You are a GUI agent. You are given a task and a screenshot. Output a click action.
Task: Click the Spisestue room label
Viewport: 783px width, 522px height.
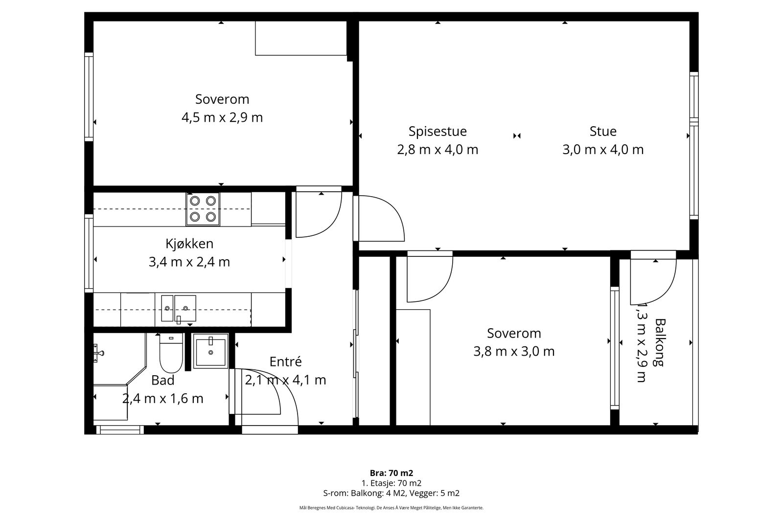438,132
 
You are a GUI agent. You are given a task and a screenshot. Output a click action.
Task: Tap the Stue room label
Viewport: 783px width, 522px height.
603,132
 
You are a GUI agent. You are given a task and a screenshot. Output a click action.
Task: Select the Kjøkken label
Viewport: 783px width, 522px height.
189,244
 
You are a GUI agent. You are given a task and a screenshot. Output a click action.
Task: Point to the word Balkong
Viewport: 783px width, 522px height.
660,342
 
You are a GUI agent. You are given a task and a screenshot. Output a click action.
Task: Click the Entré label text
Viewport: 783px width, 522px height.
286,362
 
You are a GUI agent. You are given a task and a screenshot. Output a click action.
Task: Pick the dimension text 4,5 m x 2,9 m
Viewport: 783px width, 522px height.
222,117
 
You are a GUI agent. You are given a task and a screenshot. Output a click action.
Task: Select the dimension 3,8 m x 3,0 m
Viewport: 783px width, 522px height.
514,351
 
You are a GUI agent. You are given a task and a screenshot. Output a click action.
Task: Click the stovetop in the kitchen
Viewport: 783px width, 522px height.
203,209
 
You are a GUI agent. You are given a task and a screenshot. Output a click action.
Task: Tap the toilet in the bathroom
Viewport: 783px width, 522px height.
171,353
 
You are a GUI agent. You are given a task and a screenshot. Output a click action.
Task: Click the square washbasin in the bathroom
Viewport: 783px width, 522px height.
211,351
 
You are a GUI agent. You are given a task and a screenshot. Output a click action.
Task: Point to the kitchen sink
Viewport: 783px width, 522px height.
178,309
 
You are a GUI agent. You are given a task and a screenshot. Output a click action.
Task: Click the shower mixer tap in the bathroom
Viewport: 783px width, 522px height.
98,353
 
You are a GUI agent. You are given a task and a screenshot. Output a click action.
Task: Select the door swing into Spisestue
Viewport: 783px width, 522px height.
379,218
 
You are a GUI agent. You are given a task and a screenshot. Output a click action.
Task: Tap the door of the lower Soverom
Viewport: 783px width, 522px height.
430,277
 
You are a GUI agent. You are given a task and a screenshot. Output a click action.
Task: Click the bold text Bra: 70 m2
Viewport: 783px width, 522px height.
391,473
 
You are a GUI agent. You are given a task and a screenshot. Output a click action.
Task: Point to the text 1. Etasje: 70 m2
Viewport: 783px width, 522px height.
391,483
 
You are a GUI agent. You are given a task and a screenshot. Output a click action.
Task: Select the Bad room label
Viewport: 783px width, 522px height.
162,380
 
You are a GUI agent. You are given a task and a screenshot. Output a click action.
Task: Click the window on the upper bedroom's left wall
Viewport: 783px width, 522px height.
89,97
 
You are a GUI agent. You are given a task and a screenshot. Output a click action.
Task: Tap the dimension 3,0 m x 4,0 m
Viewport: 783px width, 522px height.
603,150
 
